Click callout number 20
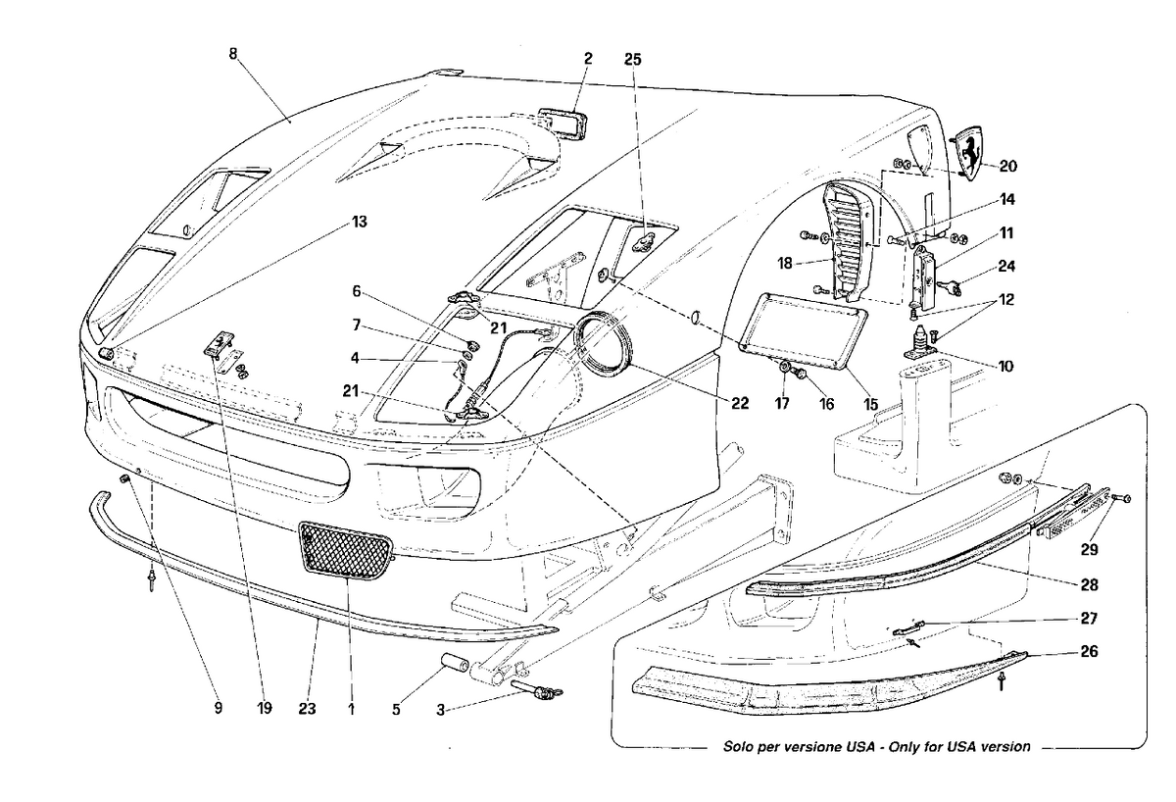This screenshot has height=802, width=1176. click(x=1008, y=166)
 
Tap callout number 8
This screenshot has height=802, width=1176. click(x=233, y=55)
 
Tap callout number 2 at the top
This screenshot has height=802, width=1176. click(x=587, y=59)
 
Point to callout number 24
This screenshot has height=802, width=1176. click(x=1006, y=266)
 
